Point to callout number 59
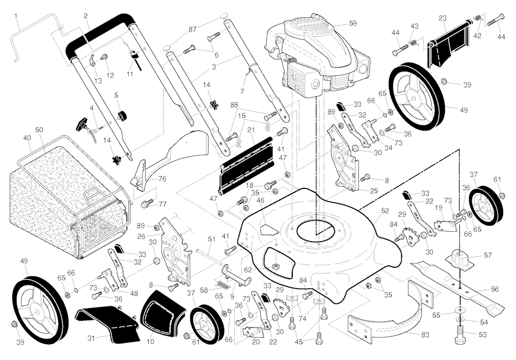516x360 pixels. click(352, 23)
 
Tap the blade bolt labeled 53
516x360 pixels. click(460, 334)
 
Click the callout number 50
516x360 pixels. click(39, 129)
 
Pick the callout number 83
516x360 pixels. click(425, 335)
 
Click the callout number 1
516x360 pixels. click(16, 16)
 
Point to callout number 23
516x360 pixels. click(442, 19)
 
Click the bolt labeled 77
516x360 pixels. click(147, 203)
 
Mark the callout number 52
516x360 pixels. click(385, 211)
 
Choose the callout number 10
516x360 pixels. click(150, 341)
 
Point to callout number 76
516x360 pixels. click(162, 179)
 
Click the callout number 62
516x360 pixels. click(248, 270)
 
